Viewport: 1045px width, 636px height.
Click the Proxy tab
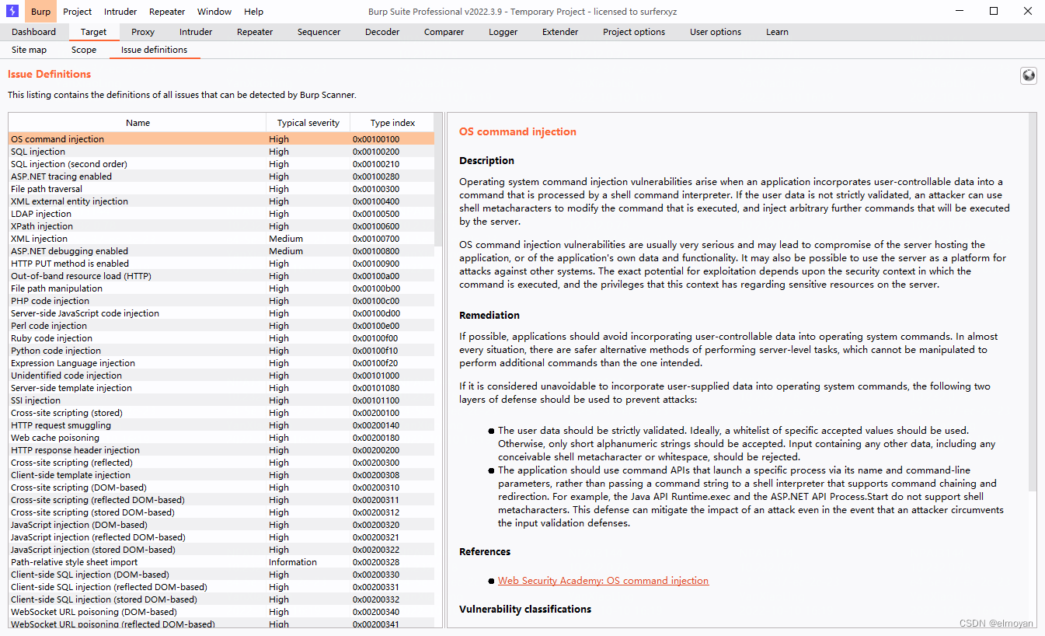click(143, 32)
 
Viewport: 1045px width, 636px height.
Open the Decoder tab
click(382, 32)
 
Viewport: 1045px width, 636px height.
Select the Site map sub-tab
click(29, 50)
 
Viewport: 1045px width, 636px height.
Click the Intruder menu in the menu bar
click(120, 12)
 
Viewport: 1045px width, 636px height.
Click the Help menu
click(253, 12)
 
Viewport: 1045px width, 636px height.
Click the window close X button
click(1028, 11)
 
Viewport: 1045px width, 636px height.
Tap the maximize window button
click(994, 11)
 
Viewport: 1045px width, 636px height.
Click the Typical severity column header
click(308, 123)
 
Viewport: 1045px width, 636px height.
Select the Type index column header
click(392, 123)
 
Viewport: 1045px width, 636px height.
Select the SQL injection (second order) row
click(69, 164)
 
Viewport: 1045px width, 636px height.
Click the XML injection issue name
click(39, 239)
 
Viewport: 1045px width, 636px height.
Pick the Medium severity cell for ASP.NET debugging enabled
click(286, 251)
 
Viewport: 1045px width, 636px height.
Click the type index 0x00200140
click(376, 425)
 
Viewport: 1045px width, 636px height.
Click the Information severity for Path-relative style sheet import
click(293, 562)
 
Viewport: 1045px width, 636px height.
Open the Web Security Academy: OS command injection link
click(603, 581)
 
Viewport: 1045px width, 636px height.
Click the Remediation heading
click(489, 315)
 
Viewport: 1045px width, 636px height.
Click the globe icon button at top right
click(1029, 75)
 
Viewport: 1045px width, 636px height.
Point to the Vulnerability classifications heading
click(525, 609)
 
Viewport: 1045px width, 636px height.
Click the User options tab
click(715, 32)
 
